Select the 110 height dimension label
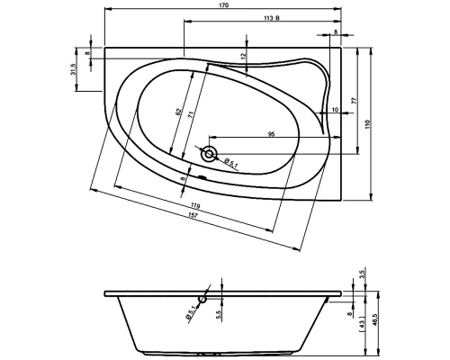tap(368, 124)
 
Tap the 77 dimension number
tap(354, 101)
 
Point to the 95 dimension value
tap(271, 134)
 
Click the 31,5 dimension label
tap(73, 69)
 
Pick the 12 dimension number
tap(243, 55)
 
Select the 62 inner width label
tap(178, 112)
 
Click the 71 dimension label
tap(190, 114)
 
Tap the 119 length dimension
tap(195, 206)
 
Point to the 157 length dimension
tap(194, 215)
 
